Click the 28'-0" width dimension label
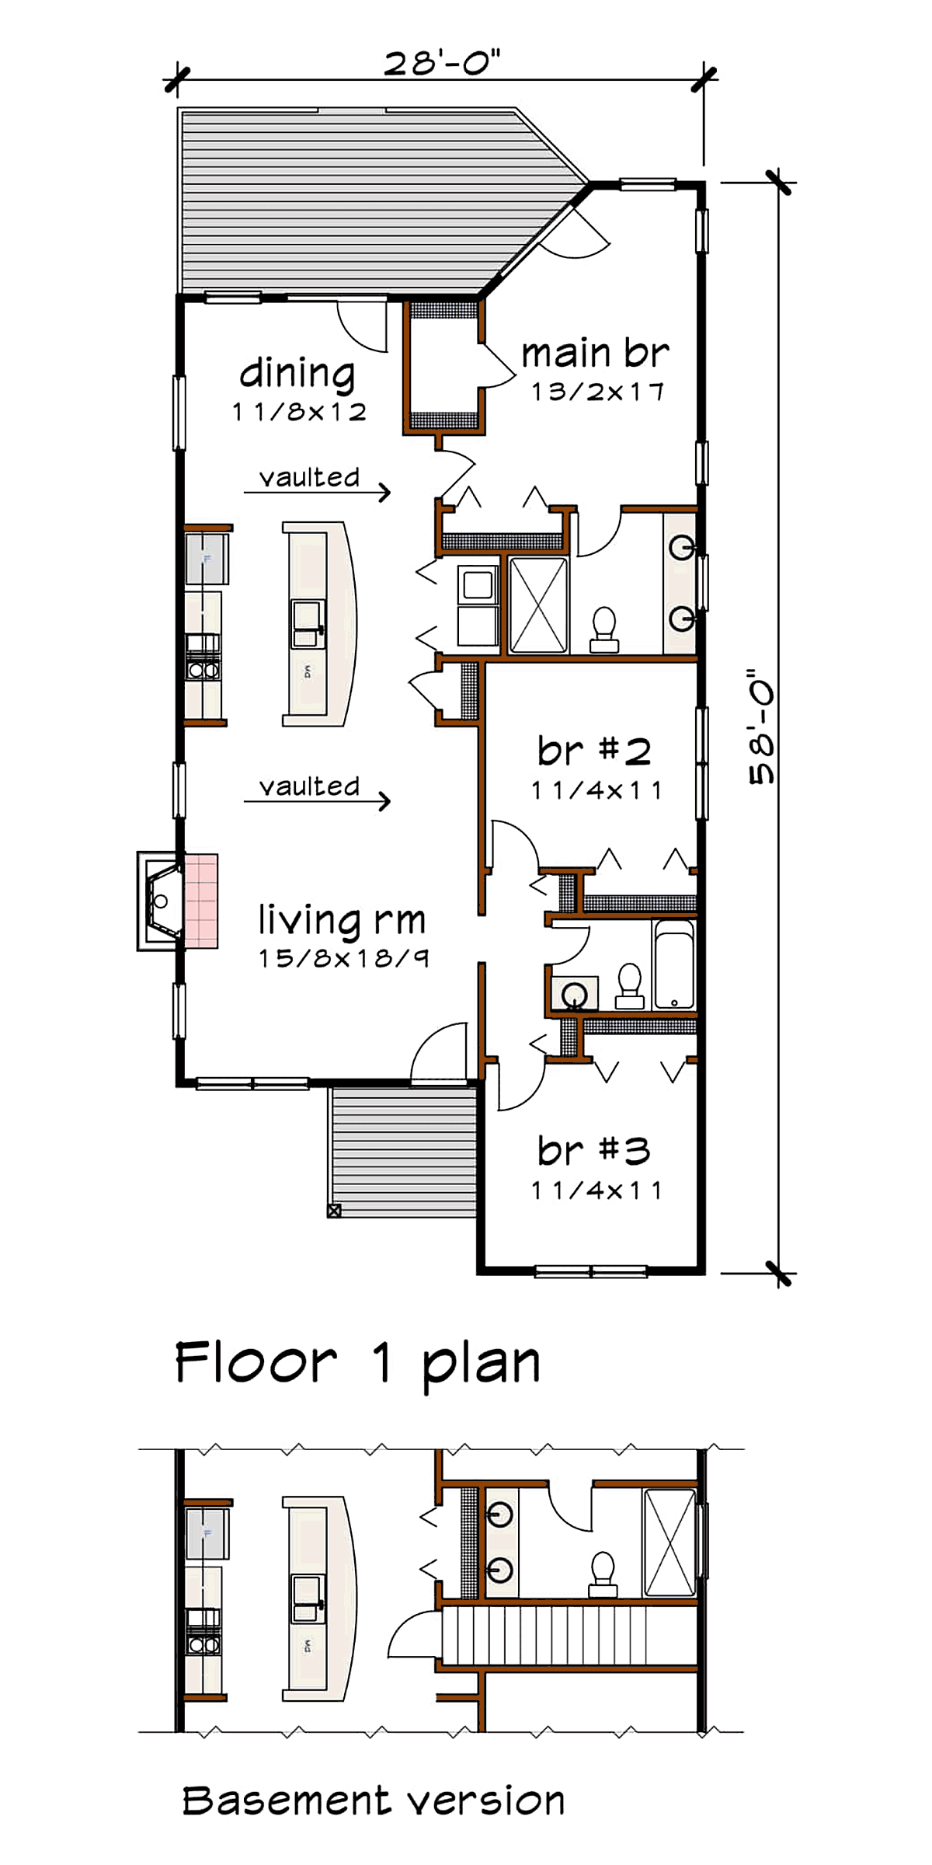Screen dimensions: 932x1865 442,63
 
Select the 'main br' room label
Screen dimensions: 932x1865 595,354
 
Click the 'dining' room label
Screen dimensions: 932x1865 297,375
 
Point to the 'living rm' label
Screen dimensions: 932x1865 342,920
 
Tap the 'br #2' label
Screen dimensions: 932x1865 594,751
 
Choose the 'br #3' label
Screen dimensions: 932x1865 594,1150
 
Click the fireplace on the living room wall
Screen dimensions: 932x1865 177,901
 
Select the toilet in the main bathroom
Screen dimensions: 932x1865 604,629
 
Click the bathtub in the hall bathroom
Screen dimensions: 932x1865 673,964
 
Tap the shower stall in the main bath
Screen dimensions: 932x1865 538,605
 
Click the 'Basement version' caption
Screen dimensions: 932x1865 374,1801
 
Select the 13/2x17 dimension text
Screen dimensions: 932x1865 597,392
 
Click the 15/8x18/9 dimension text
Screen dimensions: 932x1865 343,958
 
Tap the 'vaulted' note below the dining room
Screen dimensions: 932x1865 309,477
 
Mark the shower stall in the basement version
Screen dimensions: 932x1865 669,1543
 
